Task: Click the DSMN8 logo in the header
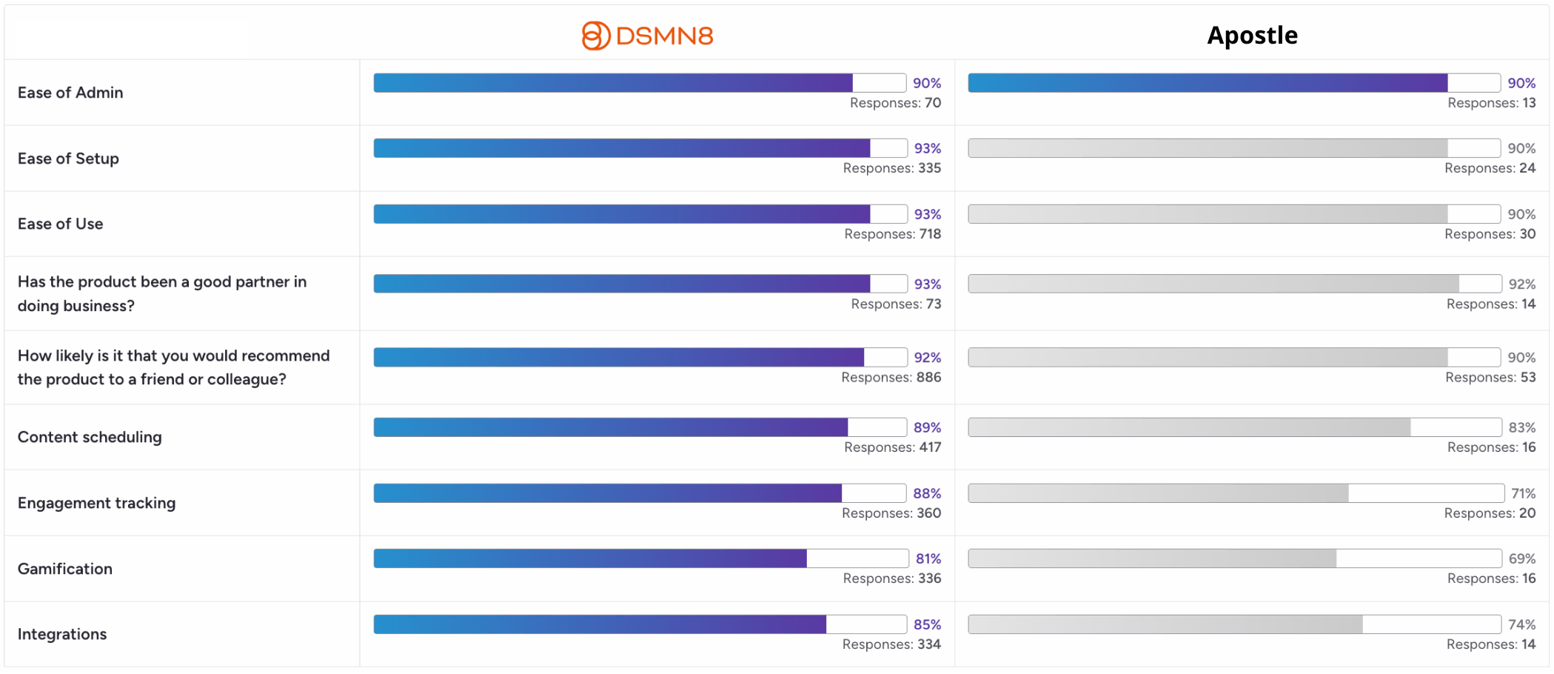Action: [x=648, y=36]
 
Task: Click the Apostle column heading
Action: [x=1252, y=36]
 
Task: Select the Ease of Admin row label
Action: [x=70, y=93]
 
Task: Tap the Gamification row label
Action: [x=65, y=569]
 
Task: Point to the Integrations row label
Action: [x=62, y=634]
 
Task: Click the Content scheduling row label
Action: [x=90, y=437]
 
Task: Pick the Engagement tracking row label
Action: [x=97, y=503]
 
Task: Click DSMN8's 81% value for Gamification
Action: [x=928, y=558]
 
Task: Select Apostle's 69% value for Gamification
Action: [x=1522, y=558]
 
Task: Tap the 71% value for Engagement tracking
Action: [x=1524, y=493]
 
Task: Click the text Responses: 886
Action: [x=891, y=377]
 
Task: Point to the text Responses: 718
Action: [x=893, y=234]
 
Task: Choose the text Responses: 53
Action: [x=1490, y=377]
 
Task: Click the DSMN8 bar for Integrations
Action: [x=600, y=624]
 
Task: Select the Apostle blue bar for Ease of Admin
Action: [x=1208, y=83]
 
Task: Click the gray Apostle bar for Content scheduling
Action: [x=1189, y=427]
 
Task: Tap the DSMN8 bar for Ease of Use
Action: [x=622, y=214]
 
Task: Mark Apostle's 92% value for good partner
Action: [x=1522, y=284]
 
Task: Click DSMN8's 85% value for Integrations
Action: [x=928, y=624]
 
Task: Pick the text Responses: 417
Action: [x=893, y=447]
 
